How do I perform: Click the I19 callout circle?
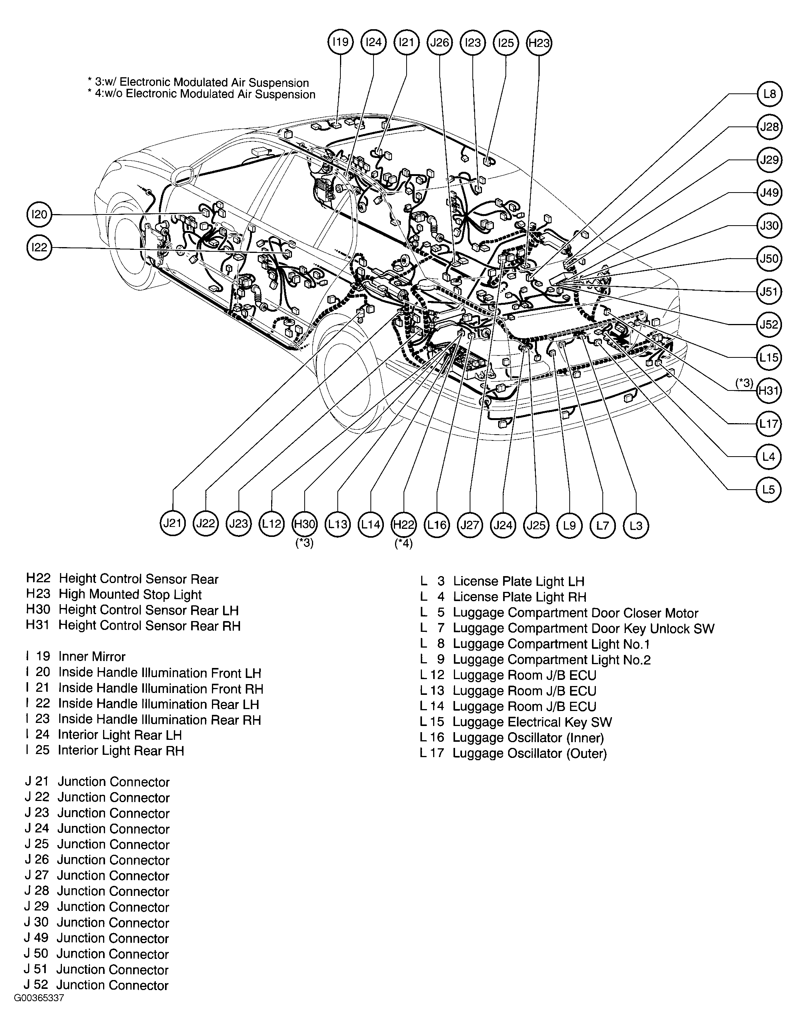340,42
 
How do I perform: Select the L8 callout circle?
769,94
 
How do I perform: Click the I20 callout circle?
39,214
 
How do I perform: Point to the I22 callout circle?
39,247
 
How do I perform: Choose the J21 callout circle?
173,523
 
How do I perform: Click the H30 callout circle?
304,524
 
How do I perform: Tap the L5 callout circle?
769,490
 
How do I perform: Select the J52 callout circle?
769,324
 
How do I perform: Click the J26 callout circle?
439,42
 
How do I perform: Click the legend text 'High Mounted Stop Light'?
130,595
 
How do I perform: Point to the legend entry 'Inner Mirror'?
92,656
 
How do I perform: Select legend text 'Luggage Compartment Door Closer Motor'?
575,613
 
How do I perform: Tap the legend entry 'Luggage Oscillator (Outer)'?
529,753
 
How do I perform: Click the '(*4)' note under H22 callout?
404,543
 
